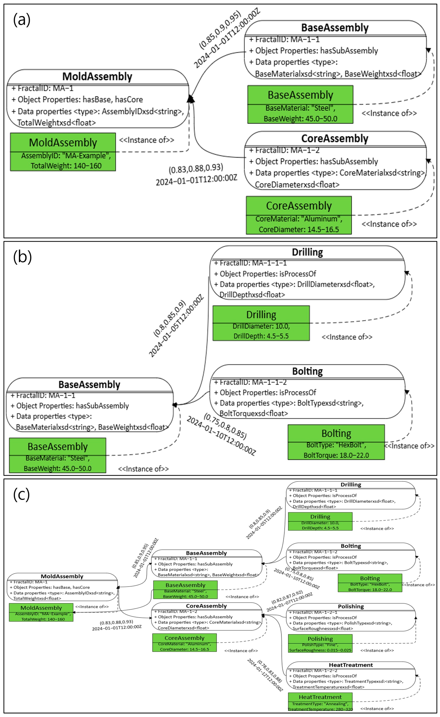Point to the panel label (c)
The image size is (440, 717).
coord(22,494)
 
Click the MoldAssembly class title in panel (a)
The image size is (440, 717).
coord(97,77)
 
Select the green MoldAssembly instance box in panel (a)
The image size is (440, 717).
coord(63,152)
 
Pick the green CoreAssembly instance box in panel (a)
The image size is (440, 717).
coord(299,215)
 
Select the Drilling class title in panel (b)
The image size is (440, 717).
coord(307,252)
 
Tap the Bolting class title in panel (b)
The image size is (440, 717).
coord(307,371)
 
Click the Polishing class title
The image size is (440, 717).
coord(351,606)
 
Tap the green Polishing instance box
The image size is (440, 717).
coord(320,643)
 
